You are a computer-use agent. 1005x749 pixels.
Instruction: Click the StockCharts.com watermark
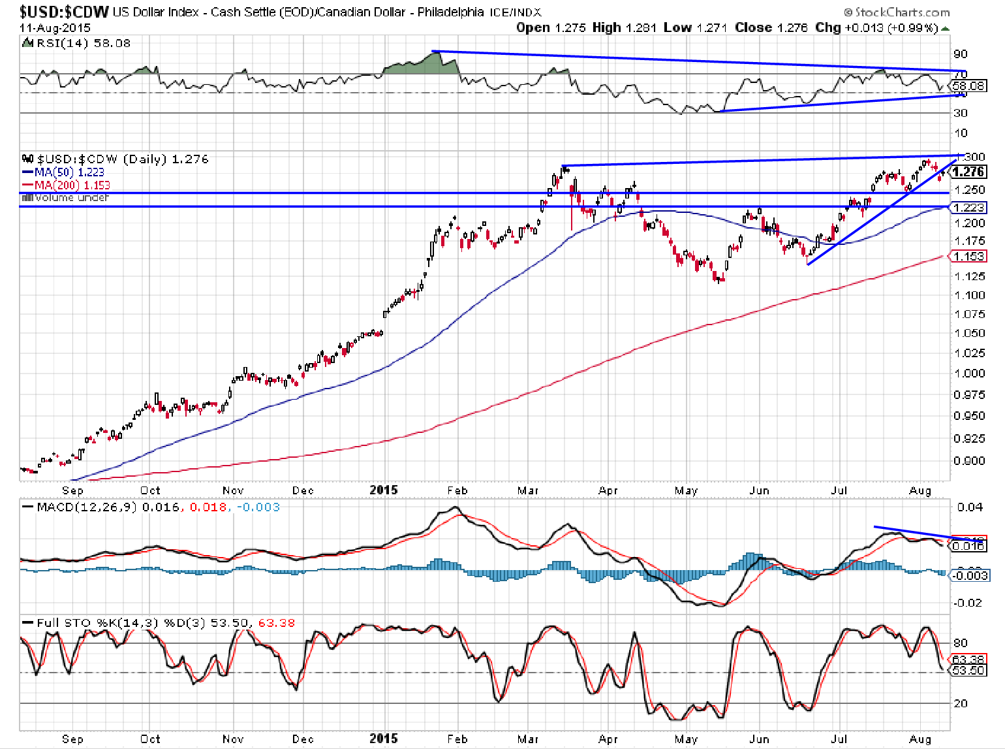pyautogui.click(x=897, y=12)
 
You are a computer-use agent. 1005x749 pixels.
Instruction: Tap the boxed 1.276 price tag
pyautogui.click(x=968, y=172)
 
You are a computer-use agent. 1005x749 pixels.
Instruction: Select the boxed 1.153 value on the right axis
pyautogui.click(x=968, y=257)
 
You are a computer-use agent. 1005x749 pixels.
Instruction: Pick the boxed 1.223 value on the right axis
pyautogui.click(x=968, y=208)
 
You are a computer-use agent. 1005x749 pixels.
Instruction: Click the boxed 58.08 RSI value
pyautogui.click(x=968, y=86)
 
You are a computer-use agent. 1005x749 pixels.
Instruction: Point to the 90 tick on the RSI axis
pyautogui.click(x=960, y=54)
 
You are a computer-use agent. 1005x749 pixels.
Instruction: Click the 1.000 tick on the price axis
pyautogui.click(x=968, y=374)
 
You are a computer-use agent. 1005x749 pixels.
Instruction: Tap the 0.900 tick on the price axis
pyautogui.click(x=968, y=461)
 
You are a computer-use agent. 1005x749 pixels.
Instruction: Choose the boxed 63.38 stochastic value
pyautogui.click(x=968, y=660)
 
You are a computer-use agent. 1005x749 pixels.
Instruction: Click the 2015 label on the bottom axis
pyautogui.click(x=383, y=739)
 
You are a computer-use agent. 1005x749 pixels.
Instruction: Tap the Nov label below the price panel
pyautogui.click(x=232, y=490)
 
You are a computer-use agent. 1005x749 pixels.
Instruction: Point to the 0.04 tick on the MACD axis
pyautogui.click(x=969, y=507)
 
